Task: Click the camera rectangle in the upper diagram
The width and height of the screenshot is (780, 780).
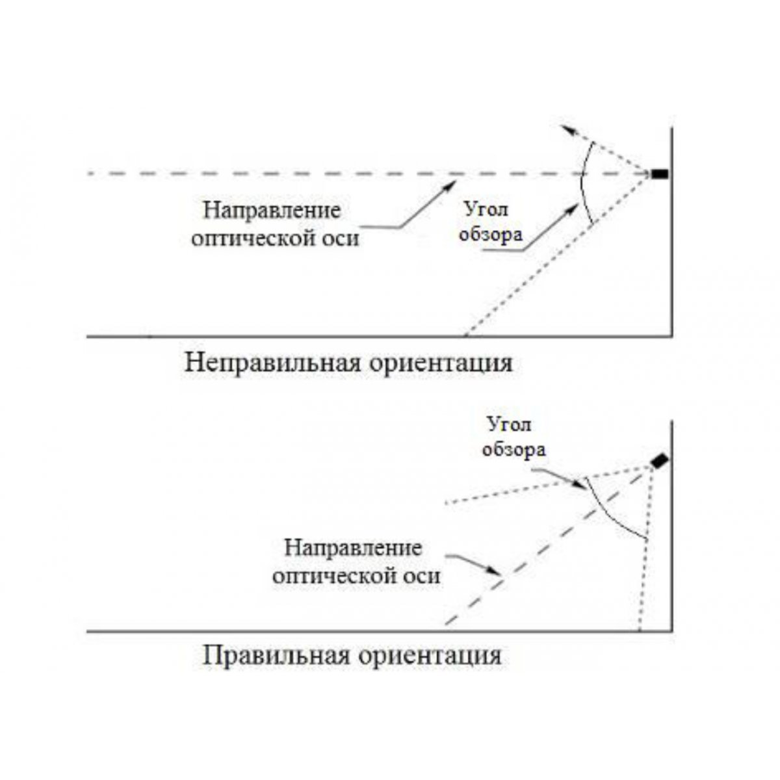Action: tap(660, 174)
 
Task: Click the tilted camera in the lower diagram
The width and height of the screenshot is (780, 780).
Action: tap(659, 461)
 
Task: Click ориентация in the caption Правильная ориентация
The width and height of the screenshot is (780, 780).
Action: tap(430, 656)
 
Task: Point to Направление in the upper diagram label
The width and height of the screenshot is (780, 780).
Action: tap(272, 211)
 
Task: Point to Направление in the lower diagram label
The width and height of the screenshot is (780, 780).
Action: tap(353, 549)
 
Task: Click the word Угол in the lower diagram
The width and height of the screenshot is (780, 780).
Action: tap(509, 425)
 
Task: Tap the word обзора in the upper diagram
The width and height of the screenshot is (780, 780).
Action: tap(491, 235)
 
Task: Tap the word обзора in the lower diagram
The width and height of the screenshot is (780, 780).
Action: tap(513, 450)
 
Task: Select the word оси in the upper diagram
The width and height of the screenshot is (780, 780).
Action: tap(340, 239)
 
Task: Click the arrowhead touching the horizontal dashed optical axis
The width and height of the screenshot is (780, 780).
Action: tap(450, 186)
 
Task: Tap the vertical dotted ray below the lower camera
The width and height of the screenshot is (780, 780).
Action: tap(646, 547)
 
